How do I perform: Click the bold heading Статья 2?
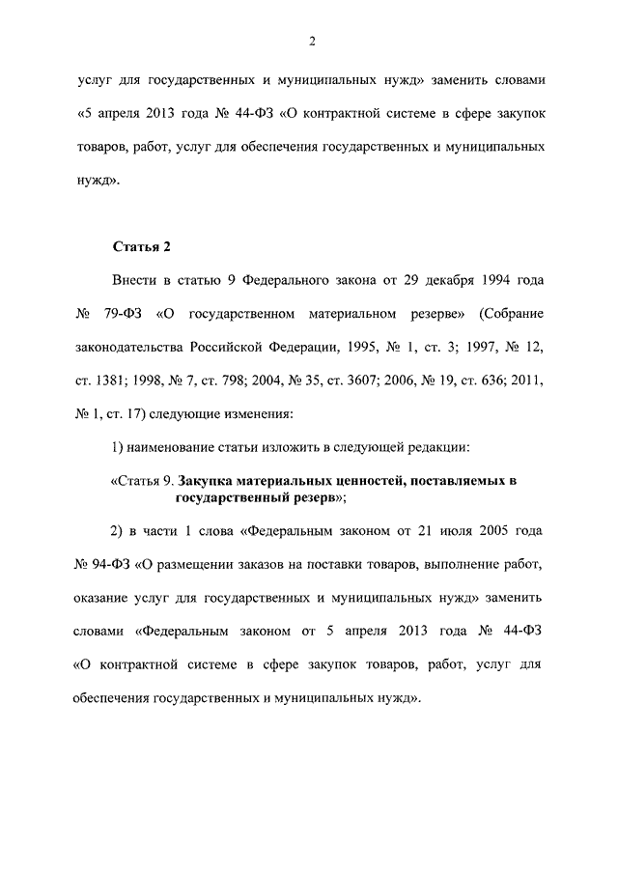point(141,246)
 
